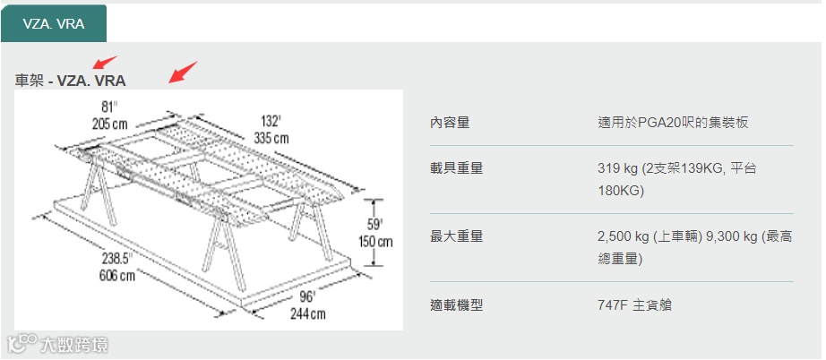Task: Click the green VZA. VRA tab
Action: [54, 23]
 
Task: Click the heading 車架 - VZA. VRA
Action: [71, 81]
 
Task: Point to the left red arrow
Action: [105, 64]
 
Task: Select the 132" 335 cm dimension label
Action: [271, 129]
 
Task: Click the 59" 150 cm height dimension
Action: [374, 232]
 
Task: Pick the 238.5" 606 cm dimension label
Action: [116, 266]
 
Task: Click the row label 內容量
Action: [450, 122]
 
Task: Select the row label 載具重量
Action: [457, 167]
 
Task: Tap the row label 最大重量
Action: [457, 236]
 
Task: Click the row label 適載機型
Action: [457, 304]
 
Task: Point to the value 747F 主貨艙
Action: [634, 304]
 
